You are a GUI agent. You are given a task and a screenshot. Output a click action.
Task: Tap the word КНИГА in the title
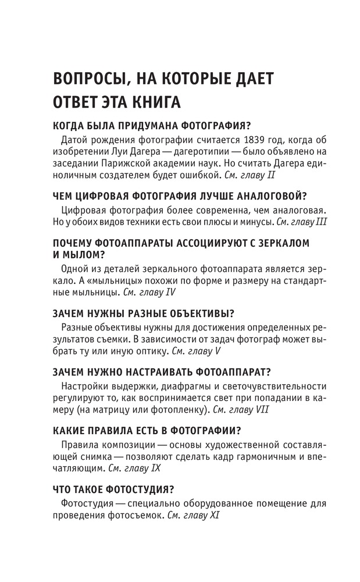(x=151, y=104)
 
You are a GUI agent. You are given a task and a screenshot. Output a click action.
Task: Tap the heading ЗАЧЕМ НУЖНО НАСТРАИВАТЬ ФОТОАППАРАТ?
(x=162, y=370)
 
